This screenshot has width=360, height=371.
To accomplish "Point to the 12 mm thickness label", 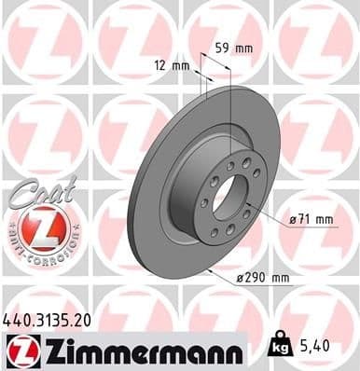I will [174, 64].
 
